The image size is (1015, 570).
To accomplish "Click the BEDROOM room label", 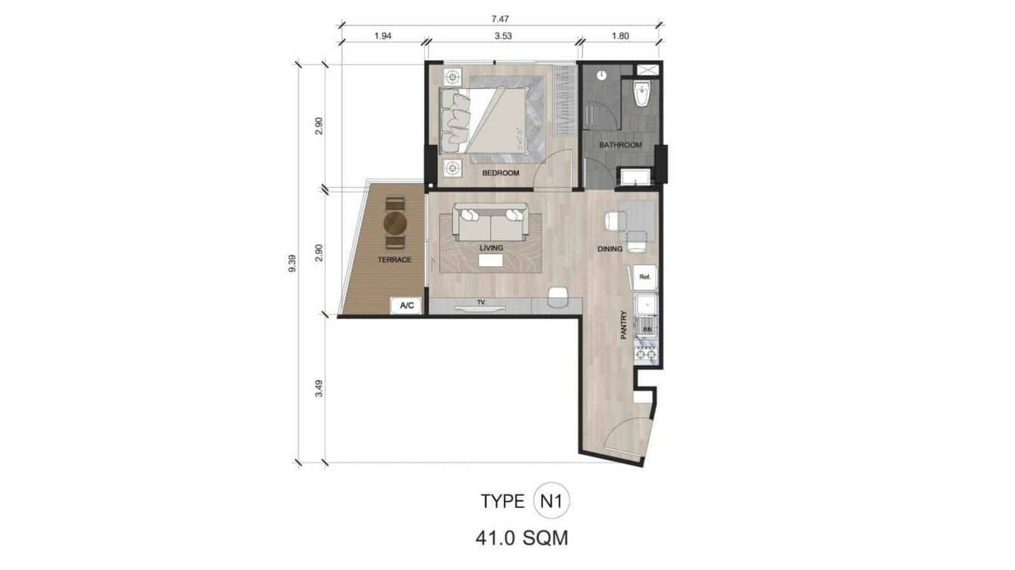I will [501, 173].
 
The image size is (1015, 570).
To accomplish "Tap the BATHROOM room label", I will [620, 144].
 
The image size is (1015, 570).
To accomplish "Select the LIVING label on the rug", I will [490, 247].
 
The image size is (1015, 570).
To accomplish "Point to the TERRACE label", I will [395, 259].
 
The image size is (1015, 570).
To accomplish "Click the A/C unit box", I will [406, 305].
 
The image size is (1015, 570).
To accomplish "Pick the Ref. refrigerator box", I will [645, 277].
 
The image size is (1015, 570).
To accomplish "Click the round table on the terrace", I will [396, 223].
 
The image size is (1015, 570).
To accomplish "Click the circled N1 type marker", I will [556, 500].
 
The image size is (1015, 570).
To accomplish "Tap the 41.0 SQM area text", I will [522, 538].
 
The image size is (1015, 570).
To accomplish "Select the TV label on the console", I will [480, 302].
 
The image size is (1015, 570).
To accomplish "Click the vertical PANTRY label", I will [624, 325].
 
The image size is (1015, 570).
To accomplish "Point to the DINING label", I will [610, 249].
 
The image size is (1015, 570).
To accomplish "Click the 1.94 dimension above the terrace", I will [383, 35].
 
